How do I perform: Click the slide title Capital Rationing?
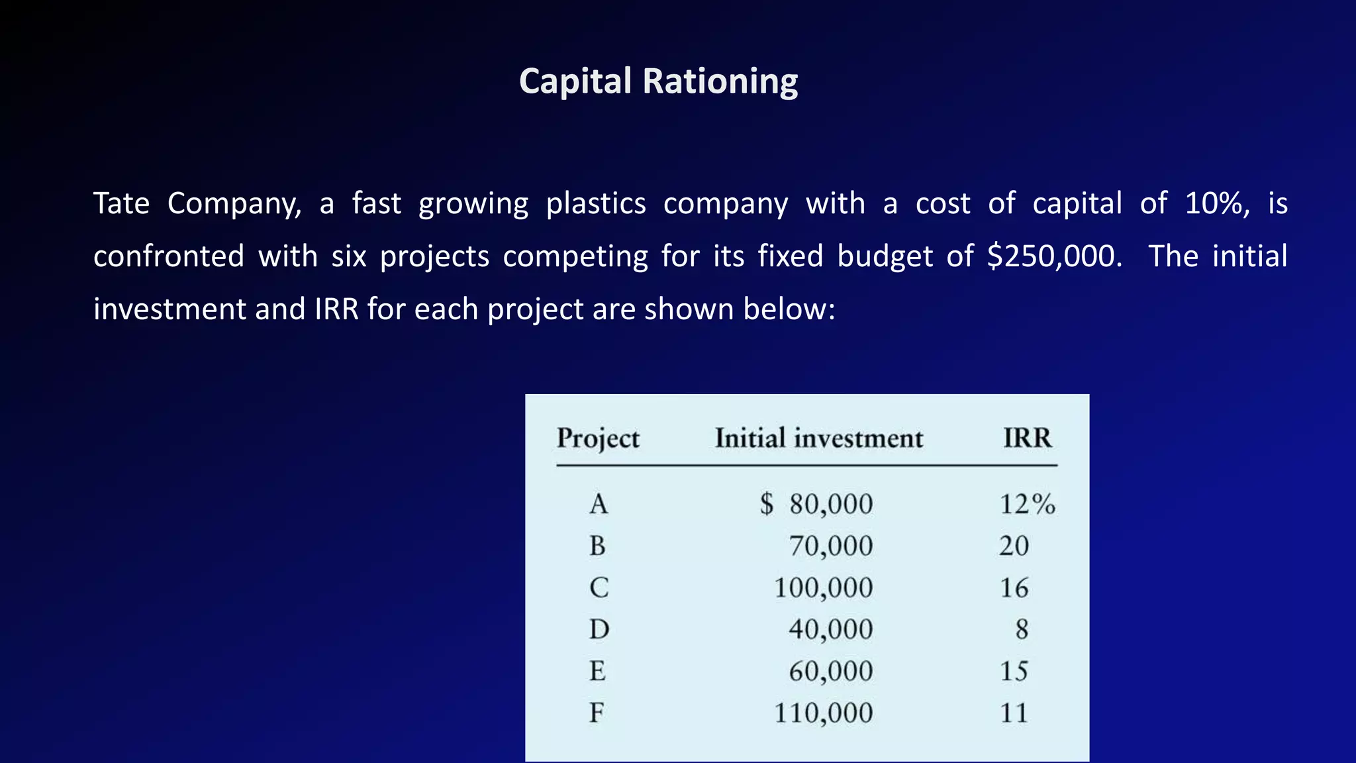[658, 81]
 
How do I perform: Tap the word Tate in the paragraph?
[121, 203]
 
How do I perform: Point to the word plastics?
[596, 203]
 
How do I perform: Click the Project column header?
[598, 438]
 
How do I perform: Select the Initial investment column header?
[818, 438]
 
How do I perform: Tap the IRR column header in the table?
[1027, 438]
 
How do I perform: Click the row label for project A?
[599, 505]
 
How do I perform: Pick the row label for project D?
[599, 629]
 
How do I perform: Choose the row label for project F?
[597, 713]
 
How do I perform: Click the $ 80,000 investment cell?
[816, 505]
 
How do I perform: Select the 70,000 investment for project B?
[830, 546]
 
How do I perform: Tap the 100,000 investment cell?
[823, 588]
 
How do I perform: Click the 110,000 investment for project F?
[823, 713]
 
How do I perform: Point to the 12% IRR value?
[1027, 505]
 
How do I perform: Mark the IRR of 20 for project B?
[1014, 546]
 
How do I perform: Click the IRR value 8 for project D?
[1022, 629]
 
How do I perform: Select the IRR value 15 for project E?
[1014, 672]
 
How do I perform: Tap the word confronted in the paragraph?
[169, 256]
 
